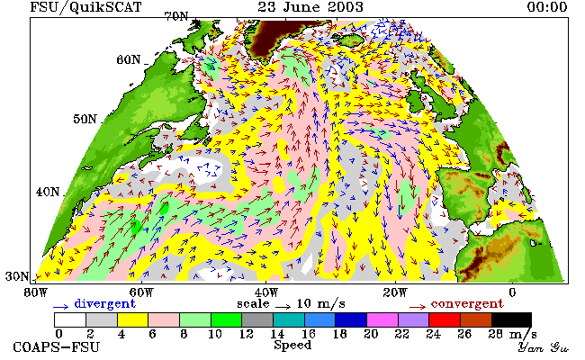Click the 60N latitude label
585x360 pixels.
tap(129, 59)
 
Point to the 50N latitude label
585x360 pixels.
tap(85, 119)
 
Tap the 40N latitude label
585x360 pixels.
tap(48, 192)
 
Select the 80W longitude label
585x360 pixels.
tap(36, 292)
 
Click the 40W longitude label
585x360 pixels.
tap(266, 292)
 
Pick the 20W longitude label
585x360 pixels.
tap(395, 292)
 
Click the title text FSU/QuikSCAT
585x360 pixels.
tap(85, 7)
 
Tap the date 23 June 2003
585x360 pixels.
tap(310, 6)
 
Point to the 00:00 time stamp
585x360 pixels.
tap(547, 6)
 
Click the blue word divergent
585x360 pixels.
tap(104, 303)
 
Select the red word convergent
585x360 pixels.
tap(467, 303)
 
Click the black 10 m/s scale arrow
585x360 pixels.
tap(283, 307)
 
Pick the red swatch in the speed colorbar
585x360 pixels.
tap(445, 320)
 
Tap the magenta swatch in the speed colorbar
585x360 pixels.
tap(382, 320)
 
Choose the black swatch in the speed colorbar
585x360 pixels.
tap(511, 320)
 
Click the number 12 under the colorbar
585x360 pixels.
tap(246, 334)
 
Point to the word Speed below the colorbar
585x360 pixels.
tap(292, 346)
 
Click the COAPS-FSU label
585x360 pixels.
tap(57, 347)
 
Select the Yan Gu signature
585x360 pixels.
tap(543, 348)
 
